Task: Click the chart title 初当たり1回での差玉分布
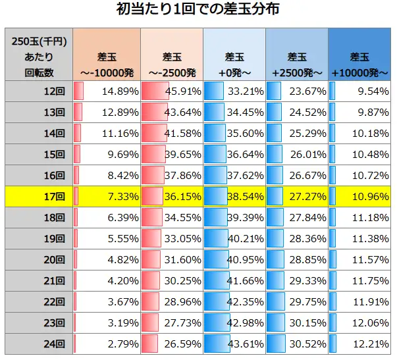(198, 9)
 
